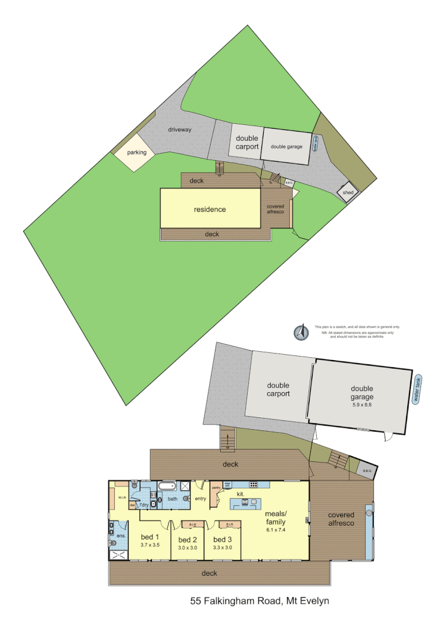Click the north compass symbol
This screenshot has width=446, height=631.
[x=302, y=333]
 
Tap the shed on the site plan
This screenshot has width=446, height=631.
[x=347, y=193]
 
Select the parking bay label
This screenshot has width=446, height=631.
[x=136, y=152]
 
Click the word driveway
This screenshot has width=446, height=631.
[x=179, y=130]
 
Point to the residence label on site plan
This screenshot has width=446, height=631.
[x=210, y=210]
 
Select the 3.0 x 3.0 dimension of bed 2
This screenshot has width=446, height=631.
[x=188, y=548]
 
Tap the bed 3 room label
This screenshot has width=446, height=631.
[x=223, y=539]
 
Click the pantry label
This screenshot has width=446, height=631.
[x=216, y=488]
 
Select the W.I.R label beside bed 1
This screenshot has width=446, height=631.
[x=121, y=498]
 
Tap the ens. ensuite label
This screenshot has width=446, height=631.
[x=121, y=535]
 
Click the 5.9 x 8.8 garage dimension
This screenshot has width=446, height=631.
[x=362, y=405]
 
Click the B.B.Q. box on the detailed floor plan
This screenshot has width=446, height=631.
[x=367, y=470]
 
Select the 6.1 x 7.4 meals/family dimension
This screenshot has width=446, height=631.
[x=276, y=530]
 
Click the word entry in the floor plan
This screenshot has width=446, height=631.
[x=200, y=498]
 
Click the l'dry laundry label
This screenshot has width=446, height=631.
[x=143, y=505]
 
